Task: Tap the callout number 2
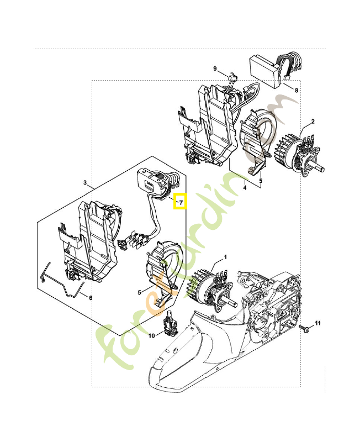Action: pyautogui.click(x=313, y=121)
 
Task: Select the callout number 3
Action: pyautogui.click(x=85, y=182)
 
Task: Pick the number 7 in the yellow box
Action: pyautogui.click(x=181, y=203)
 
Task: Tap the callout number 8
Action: pyautogui.click(x=297, y=90)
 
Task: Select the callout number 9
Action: pyautogui.click(x=215, y=68)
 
